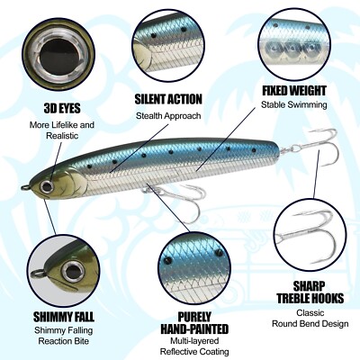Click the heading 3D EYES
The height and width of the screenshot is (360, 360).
coord(62,108)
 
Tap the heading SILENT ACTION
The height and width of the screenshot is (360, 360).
coord(168,99)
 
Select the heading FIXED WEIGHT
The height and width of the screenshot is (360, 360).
coord(294,91)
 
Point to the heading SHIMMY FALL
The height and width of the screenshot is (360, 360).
coord(64,317)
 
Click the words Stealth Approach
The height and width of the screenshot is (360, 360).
coord(168,116)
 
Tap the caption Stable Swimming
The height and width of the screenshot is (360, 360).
coord(294,104)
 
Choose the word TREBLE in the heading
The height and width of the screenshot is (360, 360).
coord(297,298)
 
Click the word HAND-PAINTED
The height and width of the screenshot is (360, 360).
coord(194,328)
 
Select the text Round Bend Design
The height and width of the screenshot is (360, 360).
coord(310,324)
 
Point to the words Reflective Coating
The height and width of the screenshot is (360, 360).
coord(194,352)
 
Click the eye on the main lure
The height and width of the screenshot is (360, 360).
coord(48,186)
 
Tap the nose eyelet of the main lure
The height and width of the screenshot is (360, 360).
coord(25,188)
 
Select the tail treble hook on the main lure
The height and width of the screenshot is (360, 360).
coord(312,146)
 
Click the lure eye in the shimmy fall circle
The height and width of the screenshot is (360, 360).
coord(72,272)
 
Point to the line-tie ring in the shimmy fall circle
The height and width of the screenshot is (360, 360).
coord(38,273)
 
